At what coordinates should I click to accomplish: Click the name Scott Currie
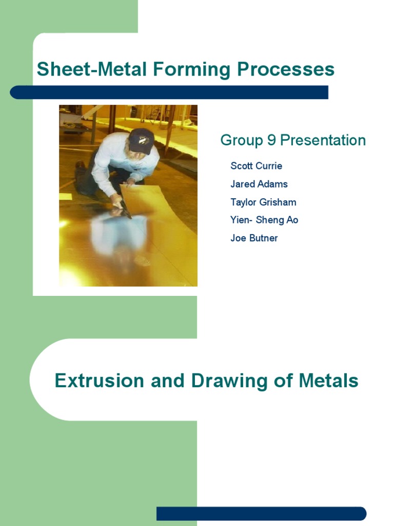point(256,166)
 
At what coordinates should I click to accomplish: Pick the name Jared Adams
point(259,184)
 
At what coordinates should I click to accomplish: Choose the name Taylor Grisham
point(263,202)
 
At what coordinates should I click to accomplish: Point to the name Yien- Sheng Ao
point(264,220)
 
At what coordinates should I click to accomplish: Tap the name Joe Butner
point(254,238)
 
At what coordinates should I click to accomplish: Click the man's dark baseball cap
point(141,140)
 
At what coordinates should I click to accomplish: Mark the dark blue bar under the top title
point(169,92)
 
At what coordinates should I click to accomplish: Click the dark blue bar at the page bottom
point(262,513)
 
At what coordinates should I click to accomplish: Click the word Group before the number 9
point(241,140)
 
